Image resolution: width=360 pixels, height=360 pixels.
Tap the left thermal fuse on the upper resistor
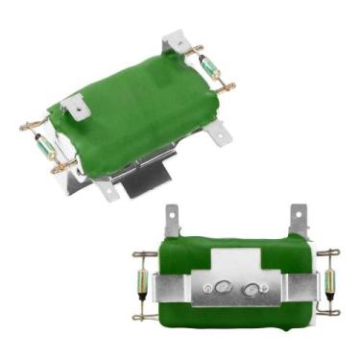(44, 147)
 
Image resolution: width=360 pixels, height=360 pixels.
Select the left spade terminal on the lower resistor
(173, 221)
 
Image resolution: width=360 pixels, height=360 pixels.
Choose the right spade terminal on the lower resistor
(299, 219)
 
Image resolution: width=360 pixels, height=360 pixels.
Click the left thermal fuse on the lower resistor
(143, 281)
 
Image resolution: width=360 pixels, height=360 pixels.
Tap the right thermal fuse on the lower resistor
(329, 280)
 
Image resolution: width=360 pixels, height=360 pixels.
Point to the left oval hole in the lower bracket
(222, 287)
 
